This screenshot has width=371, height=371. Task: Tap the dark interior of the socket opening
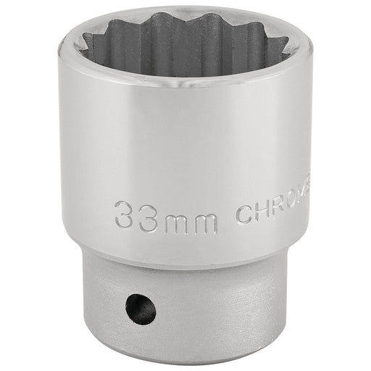[x=185, y=54]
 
